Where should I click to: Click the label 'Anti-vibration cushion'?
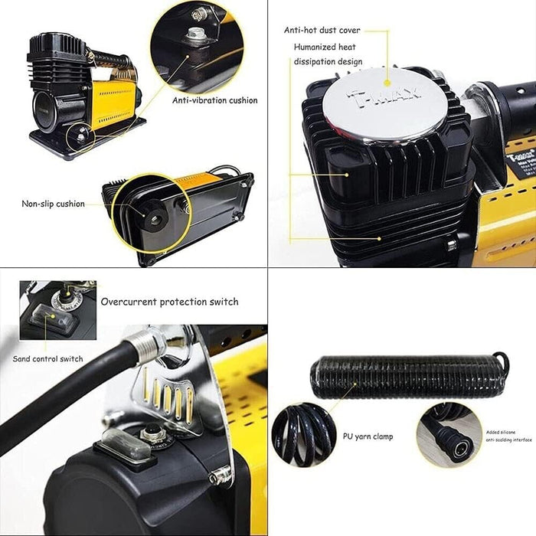click(215, 100)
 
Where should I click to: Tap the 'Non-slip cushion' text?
click(53, 204)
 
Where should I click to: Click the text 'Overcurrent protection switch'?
click(169, 302)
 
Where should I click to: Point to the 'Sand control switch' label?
click(47, 358)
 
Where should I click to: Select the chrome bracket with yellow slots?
click(172, 398)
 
